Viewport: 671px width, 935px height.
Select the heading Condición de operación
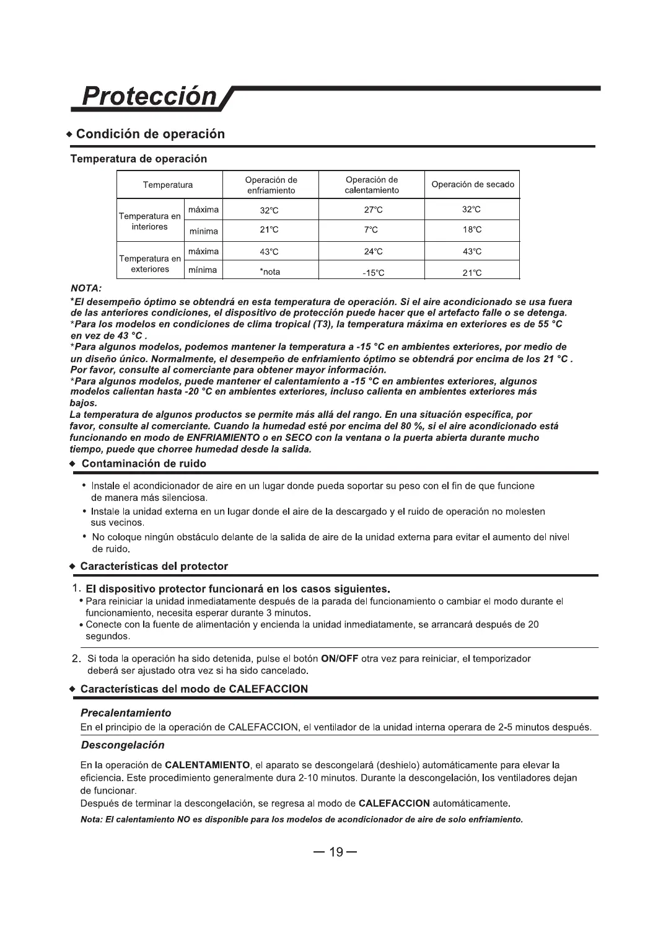coord(154,134)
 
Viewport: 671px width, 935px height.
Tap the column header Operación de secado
coord(472,185)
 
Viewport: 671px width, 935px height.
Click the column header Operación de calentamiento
coord(372,185)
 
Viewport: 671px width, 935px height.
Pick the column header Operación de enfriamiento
coord(271,185)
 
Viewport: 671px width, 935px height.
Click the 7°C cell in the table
coord(371,230)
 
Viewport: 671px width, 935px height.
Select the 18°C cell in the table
coord(472,230)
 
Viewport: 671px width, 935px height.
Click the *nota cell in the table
coord(270,272)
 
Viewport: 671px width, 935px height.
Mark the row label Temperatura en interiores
coord(150,221)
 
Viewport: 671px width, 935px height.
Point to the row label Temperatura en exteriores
coord(150,264)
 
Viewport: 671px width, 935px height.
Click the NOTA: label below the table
coord(86,288)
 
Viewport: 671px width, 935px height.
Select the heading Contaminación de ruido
coord(144,464)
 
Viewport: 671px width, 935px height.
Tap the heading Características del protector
coord(154,566)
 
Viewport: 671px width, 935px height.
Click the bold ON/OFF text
coord(340,658)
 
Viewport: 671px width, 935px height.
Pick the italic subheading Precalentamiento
coord(126,713)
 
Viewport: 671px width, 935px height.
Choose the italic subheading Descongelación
coord(123,745)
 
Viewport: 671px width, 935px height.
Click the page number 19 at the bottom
coord(335,852)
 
